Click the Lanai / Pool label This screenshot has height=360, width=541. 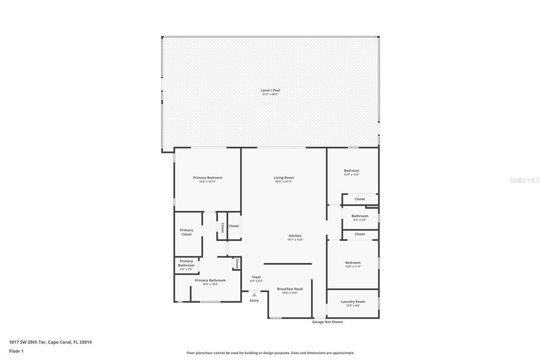[270, 90]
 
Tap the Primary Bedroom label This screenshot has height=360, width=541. [207, 178]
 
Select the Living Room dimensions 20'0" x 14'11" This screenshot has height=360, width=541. [284, 182]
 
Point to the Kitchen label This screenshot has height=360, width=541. [295, 235]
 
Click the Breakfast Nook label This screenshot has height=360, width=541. [290, 289]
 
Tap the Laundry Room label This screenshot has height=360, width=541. [353, 301]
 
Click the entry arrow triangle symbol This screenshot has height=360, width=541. [254, 295]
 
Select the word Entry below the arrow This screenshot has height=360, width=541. [254, 300]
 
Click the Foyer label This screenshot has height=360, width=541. [256, 277]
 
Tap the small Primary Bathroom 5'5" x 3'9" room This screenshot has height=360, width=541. [186, 264]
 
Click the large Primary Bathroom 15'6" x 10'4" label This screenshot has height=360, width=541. [210, 280]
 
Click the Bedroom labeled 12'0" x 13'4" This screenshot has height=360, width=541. [351, 170]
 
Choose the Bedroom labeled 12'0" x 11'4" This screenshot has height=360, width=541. [353, 262]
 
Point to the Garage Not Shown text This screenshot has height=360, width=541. [327, 321]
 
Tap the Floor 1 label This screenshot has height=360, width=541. [16, 350]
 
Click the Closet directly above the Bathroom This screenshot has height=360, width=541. [360, 199]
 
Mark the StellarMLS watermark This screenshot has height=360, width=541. [524, 180]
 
